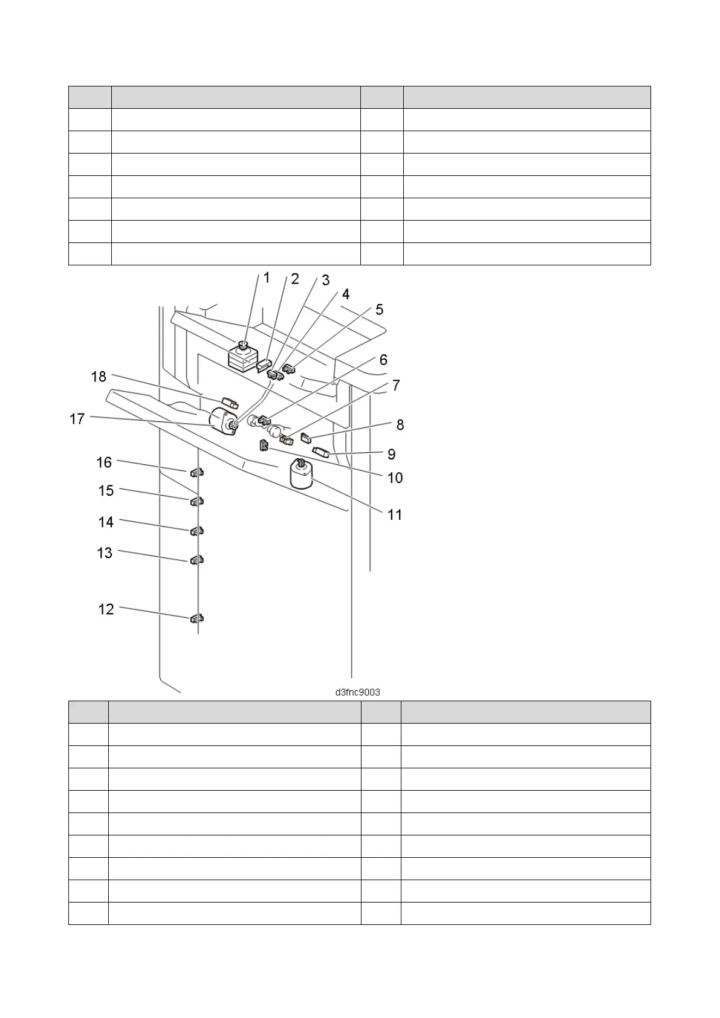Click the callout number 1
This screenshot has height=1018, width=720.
pyautogui.click(x=267, y=278)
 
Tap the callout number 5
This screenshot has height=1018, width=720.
pyautogui.click(x=379, y=310)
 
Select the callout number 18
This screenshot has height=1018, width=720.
pyautogui.click(x=99, y=377)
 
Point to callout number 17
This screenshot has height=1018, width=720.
pyautogui.click(x=77, y=419)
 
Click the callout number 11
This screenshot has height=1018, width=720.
pyautogui.click(x=395, y=515)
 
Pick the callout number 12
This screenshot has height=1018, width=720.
pyautogui.click(x=106, y=609)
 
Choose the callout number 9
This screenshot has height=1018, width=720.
pyautogui.click(x=391, y=454)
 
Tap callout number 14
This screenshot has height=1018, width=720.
pyautogui.click(x=106, y=522)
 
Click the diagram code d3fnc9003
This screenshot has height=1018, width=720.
pyautogui.click(x=357, y=692)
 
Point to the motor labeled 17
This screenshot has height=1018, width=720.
pyautogui.click(x=224, y=421)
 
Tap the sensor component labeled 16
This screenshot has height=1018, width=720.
pyautogui.click(x=195, y=472)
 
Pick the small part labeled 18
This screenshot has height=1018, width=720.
pyautogui.click(x=230, y=403)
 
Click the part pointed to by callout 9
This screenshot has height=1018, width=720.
pyautogui.click(x=320, y=451)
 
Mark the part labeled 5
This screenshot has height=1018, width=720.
pyautogui.click(x=288, y=368)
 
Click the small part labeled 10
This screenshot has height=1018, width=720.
pyautogui.click(x=264, y=446)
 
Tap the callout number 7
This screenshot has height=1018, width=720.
pyautogui.click(x=396, y=385)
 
